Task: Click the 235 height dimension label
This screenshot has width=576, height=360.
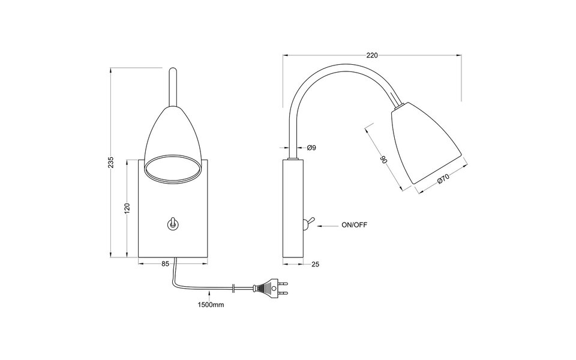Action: tap(111, 163)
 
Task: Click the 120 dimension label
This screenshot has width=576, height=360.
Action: tap(127, 208)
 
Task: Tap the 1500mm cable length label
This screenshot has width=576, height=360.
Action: tap(211, 305)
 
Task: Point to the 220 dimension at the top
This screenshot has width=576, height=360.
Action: tap(371, 55)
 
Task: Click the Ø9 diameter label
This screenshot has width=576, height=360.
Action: tap(311, 148)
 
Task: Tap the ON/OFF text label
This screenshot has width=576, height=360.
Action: tap(354, 226)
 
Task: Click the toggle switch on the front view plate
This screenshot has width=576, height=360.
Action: tap(172, 224)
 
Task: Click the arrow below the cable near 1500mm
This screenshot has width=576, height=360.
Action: tap(209, 295)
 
